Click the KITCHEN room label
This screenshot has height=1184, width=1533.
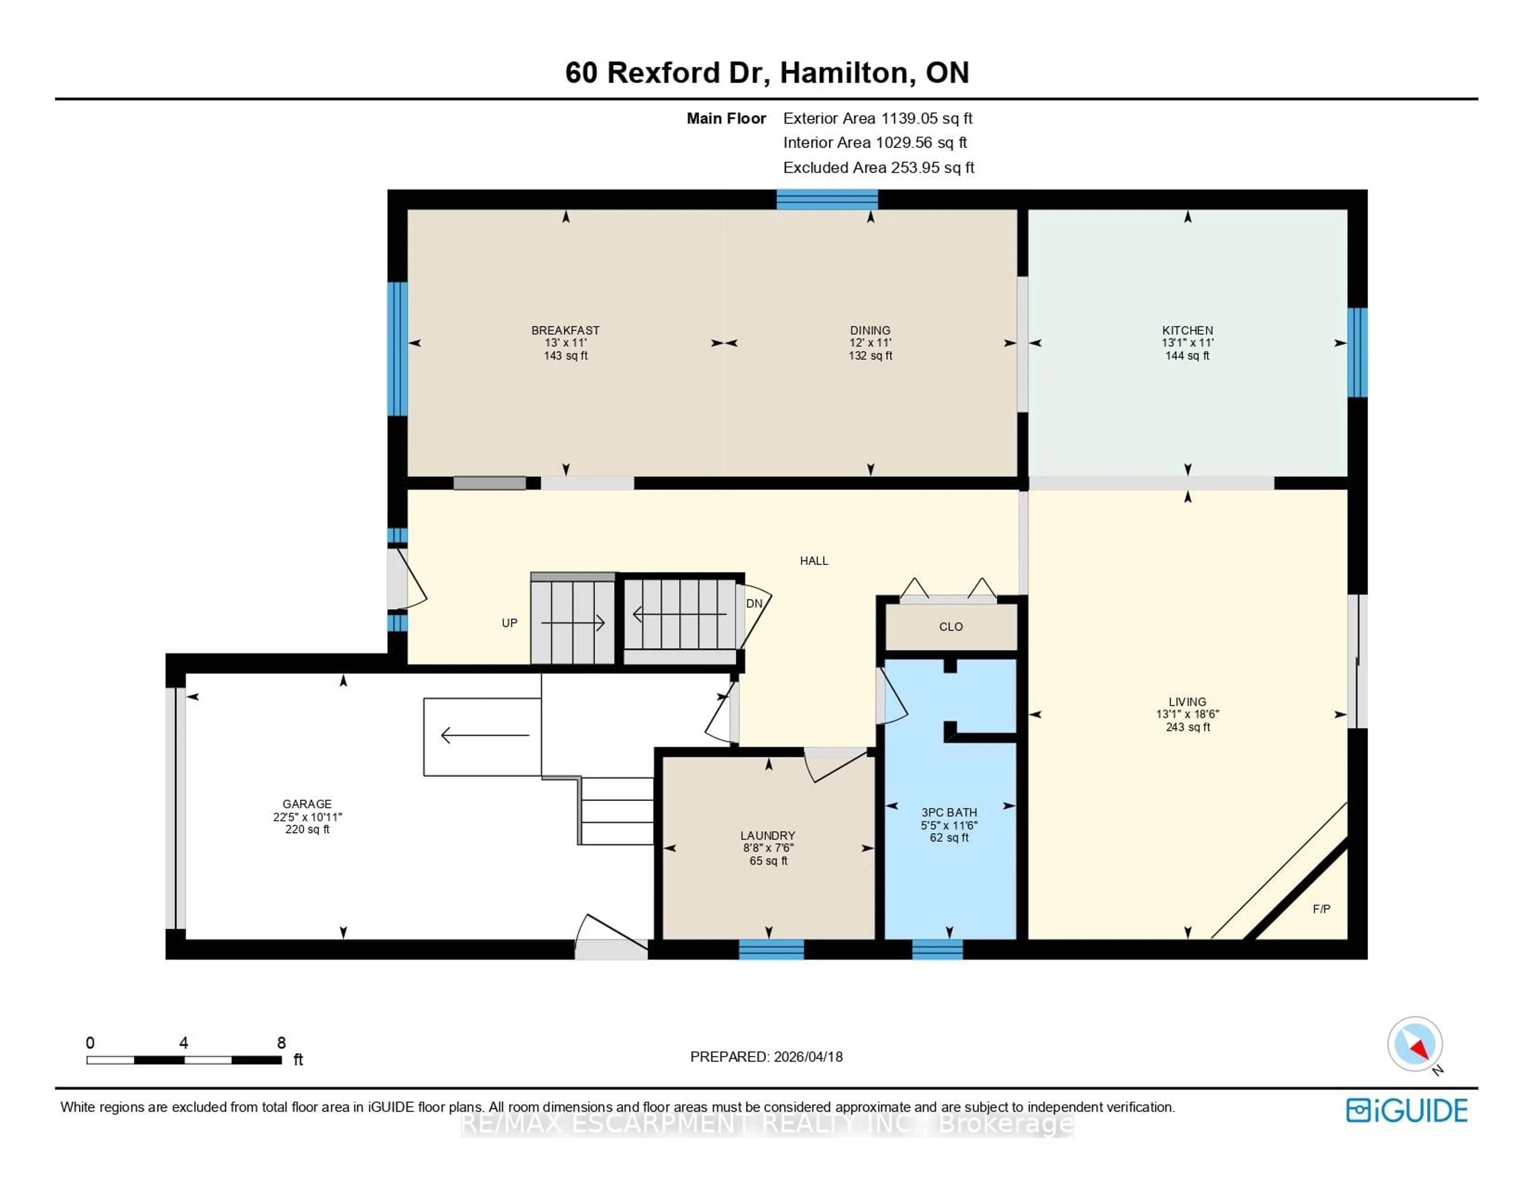coord(1187,330)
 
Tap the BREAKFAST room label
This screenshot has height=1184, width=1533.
coord(565,330)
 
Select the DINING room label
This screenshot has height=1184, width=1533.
coord(869,330)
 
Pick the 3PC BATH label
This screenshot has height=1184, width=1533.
coord(949,812)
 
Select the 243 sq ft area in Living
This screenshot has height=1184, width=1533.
coord(1188,727)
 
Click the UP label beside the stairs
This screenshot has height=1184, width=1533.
coord(509,623)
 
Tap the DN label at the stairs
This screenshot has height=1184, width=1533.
coord(754,604)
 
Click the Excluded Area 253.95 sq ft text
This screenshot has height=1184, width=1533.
coord(878,168)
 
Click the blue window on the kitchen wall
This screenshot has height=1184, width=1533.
coord(1357,352)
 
